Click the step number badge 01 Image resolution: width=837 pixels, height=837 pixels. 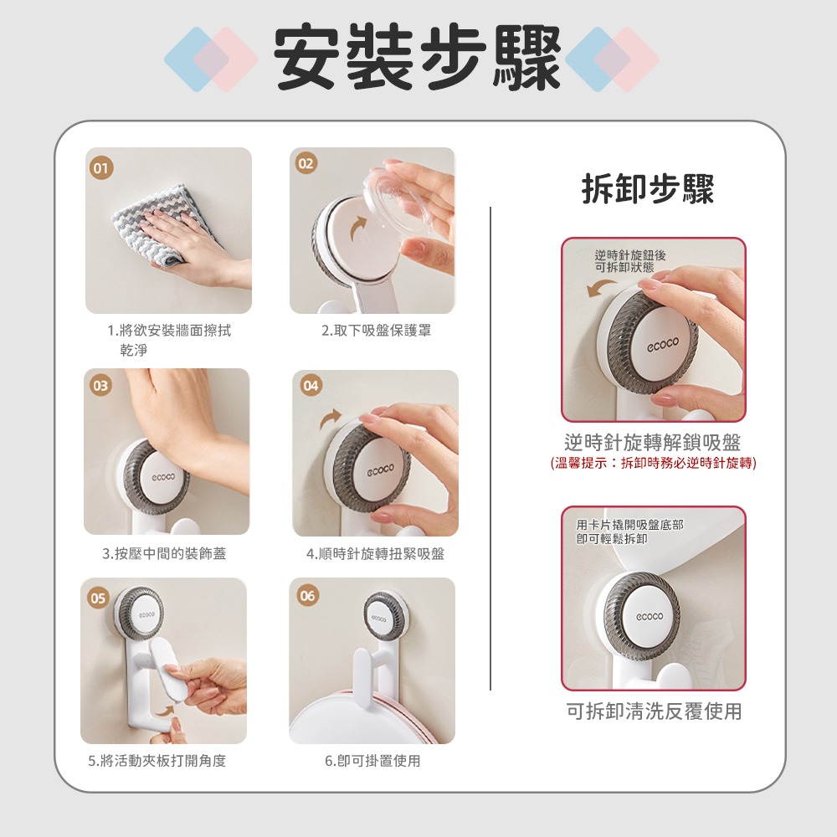coord(101,168)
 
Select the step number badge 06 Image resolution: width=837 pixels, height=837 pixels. coord(308,596)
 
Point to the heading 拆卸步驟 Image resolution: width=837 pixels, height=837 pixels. coord(648,190)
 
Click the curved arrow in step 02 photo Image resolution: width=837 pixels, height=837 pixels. coord(358,226)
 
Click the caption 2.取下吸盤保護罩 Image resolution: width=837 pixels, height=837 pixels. coord(377,331)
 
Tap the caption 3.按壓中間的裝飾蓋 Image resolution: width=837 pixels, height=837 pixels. coord(164,553)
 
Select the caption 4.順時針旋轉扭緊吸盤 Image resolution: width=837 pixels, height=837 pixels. coord(375,553)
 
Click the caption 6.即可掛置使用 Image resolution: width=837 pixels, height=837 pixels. coord(372,761)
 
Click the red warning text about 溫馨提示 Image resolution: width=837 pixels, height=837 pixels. coord(653,463)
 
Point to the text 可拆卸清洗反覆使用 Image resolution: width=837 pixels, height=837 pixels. coord(654,711)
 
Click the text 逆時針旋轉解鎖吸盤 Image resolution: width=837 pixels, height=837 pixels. coord(653,442)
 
